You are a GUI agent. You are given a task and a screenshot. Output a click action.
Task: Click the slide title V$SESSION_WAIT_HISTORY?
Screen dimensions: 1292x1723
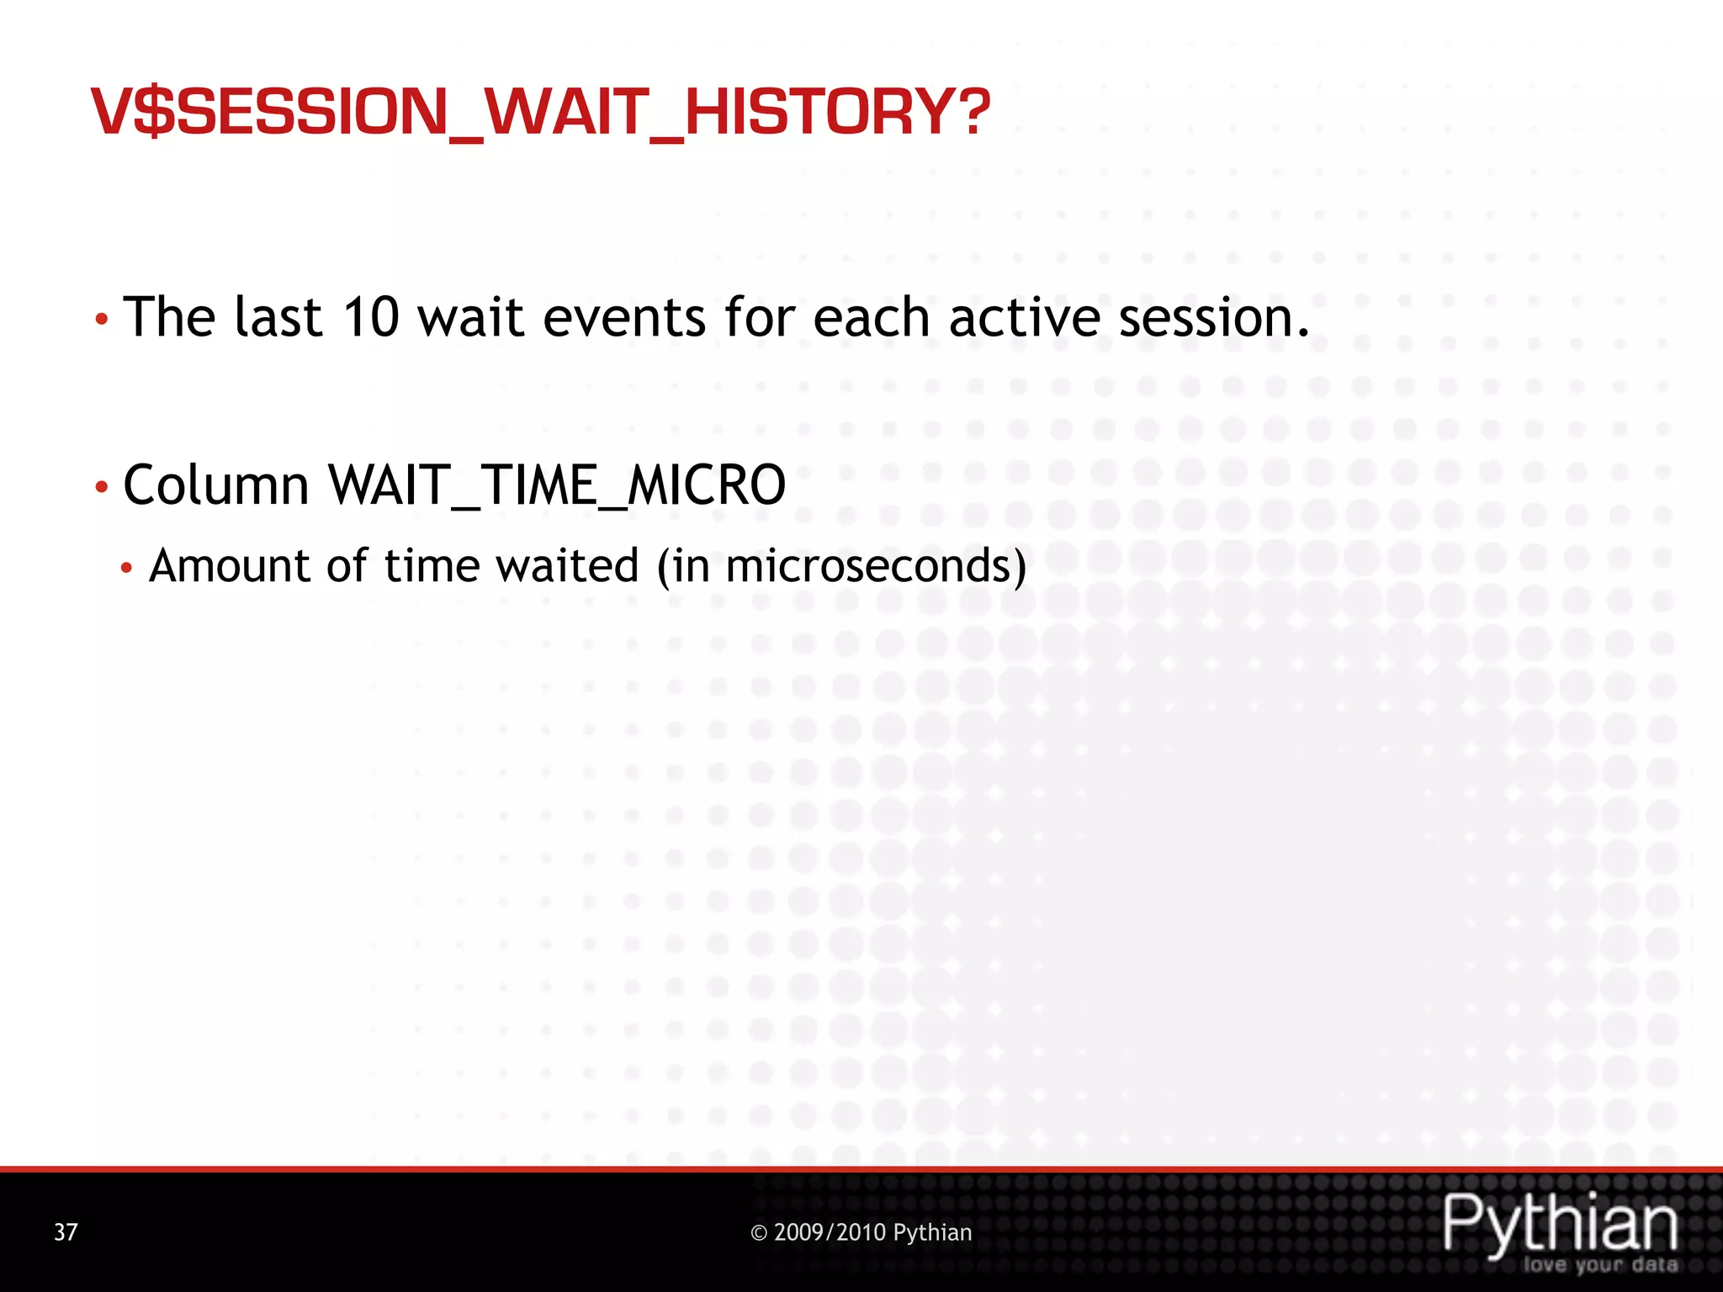[540, 112]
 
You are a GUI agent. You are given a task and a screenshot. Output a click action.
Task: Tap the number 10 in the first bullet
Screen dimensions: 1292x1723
[371, 317]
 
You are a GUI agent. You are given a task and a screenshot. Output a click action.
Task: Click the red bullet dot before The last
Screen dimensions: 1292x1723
[101, 320]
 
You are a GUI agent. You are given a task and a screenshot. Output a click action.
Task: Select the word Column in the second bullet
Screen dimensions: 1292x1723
[216, 485]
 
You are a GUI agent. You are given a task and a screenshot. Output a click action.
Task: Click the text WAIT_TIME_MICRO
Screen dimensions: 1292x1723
[557, 485]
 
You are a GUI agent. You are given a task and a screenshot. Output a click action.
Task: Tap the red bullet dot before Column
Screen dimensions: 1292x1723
[101, 488]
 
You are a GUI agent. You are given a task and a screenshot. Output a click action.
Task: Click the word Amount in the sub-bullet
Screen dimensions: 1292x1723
[229, 565]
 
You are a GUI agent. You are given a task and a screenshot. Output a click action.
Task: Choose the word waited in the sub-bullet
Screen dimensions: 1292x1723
[567, 565]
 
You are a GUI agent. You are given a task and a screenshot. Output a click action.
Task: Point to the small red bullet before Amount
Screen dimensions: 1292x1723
[126, 569]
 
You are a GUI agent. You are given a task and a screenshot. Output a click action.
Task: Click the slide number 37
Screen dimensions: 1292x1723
[66, 1232]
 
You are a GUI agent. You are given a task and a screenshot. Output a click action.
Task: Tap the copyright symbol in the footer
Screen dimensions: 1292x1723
[759, 1233]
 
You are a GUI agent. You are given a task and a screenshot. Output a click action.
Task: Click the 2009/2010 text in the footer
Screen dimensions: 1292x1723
[830, 1232]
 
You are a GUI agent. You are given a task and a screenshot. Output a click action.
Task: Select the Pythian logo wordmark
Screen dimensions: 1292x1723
[1560, 1224]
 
